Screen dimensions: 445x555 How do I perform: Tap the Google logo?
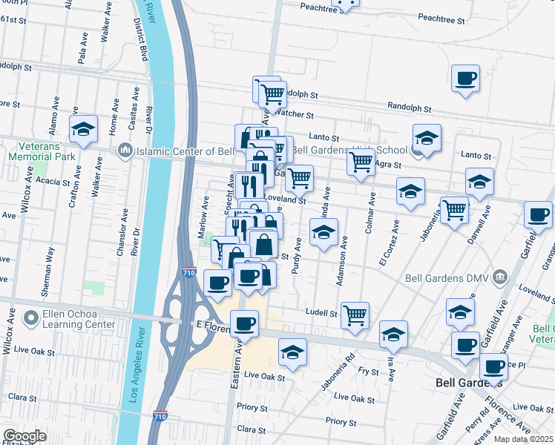24,436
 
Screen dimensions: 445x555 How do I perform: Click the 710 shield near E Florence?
189,272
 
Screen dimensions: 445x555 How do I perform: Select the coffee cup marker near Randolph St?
465,79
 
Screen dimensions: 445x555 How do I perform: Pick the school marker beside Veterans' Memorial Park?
84,129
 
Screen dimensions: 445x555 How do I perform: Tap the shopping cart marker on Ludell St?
355,314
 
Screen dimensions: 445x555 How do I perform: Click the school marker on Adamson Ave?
324,232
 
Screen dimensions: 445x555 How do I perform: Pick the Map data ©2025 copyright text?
522,438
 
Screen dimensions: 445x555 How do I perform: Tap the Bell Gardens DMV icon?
501,277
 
